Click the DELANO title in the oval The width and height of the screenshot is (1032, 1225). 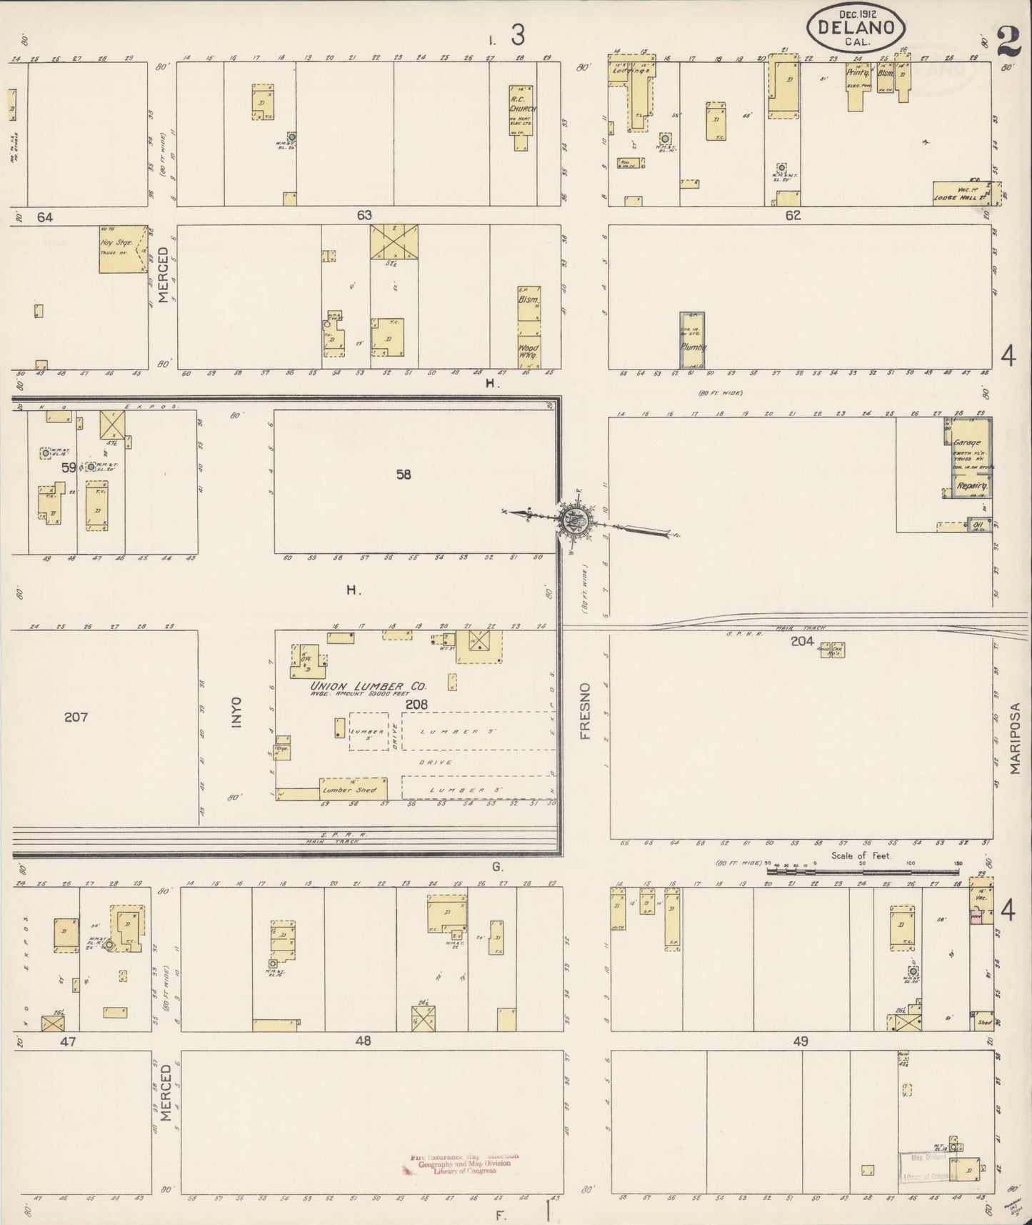[856, 28]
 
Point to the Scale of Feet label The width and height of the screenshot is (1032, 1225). [860, 855]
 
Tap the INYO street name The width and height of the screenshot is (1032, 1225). [237, 713]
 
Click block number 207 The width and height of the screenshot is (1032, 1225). [76, 717]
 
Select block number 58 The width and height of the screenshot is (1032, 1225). [404, 474]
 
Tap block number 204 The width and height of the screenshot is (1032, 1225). [802, 641]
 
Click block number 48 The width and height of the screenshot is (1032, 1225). [364, 1041]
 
